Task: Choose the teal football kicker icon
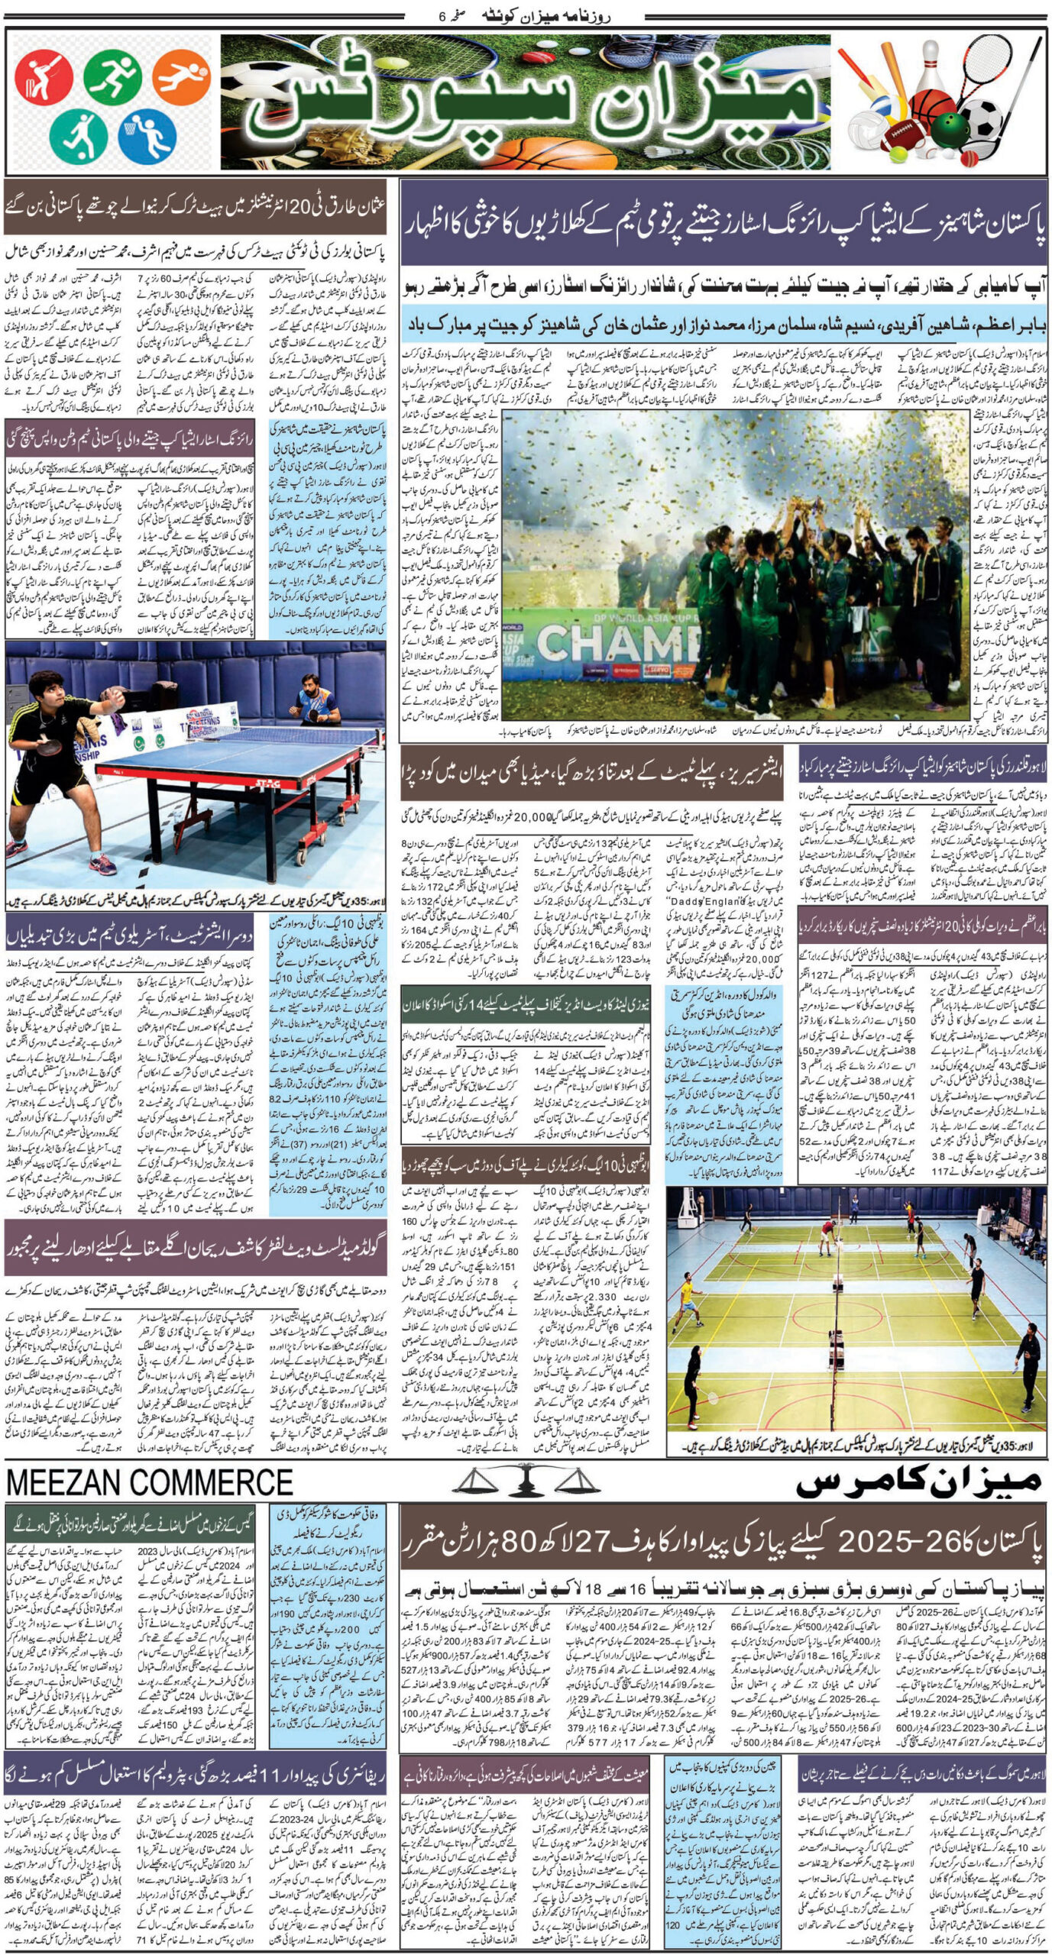79,134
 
